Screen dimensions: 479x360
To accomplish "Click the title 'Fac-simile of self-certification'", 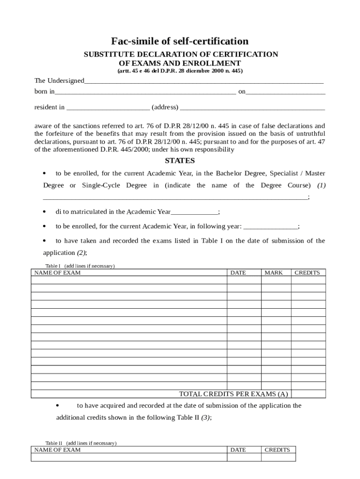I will pos(180,41).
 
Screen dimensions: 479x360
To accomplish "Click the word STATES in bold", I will pos(180,160).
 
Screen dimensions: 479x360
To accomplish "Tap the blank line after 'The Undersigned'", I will pos(204,82).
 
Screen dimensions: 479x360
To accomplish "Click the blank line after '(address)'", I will pos(252,108).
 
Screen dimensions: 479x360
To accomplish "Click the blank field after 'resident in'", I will pos(108,108).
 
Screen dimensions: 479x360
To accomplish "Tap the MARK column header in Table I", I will pos(274,273).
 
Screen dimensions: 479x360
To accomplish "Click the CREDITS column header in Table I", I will pos(307,273).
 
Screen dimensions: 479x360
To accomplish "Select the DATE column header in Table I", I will pos(238,273).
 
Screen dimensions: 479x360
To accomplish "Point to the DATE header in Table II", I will pos(238,450).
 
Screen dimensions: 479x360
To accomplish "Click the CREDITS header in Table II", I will pos(277,450).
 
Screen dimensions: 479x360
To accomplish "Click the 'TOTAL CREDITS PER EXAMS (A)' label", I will pos(234,394).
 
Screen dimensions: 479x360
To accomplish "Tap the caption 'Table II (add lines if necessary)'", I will pos(81,443).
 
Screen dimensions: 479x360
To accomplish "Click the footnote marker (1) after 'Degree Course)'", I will pos(321,185).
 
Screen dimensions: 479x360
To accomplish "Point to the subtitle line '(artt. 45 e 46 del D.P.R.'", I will pos(180,71).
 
